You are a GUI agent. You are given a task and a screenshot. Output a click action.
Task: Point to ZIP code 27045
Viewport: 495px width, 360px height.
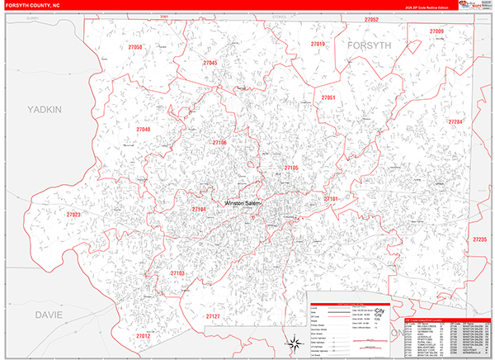click(x=210, y=63)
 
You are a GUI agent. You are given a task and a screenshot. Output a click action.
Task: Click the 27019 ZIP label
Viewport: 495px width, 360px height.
click(x=318, y=44)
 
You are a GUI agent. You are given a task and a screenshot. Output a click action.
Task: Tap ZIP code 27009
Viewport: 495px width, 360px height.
click(x=436, y=31)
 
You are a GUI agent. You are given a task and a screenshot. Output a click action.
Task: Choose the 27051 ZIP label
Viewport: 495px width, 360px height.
click(x=328, y=97)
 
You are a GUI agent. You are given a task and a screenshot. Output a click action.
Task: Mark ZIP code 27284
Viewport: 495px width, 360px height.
click(x=456, y=121)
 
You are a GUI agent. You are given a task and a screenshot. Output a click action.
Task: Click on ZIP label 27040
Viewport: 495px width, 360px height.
click(x=144, y=130)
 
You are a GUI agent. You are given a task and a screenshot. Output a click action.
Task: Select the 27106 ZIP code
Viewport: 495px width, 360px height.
click(x=219, y=143)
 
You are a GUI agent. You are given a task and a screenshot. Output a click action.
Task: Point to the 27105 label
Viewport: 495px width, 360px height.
click(x=291, y=168)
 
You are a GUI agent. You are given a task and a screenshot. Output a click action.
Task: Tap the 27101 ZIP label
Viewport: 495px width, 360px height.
click(x=331, y=199)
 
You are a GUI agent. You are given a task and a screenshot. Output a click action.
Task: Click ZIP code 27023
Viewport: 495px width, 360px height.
click(x=73, y=215)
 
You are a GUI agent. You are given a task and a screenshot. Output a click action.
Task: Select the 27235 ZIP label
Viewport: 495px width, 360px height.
click(x=479, y=239)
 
